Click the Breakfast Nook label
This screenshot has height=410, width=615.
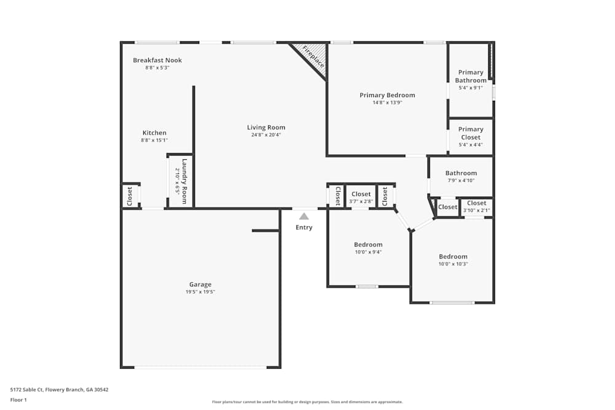coord(157,60)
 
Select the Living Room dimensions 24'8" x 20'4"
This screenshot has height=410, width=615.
coord(266,135)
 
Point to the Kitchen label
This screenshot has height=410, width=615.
coord(154,133)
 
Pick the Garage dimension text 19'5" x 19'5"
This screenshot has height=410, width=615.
coord(200,292)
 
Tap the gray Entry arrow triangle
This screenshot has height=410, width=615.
coord(304,216)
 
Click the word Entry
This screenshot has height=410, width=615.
coord(304,227)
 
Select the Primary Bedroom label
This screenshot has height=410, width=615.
coord(387,95)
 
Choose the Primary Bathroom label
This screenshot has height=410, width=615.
coord(470,76)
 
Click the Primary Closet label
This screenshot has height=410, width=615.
coord(470,133)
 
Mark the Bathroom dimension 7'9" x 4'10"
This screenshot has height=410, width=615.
coord(461,181)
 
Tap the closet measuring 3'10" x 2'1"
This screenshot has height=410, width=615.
coord(477,207)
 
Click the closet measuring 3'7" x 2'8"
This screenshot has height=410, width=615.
coord(361,197)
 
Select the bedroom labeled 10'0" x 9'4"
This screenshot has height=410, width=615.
coord(368,248)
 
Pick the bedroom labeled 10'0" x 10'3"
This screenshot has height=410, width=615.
coord(453,260)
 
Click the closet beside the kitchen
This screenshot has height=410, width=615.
coord(130,196)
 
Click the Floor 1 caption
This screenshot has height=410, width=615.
coord(19,400)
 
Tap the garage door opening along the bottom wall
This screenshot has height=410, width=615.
coord(200,367)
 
